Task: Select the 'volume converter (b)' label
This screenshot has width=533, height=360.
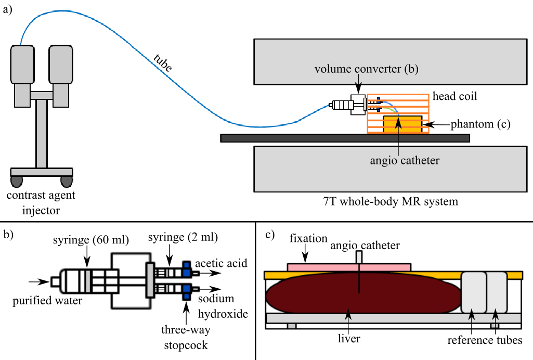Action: pos(366,68)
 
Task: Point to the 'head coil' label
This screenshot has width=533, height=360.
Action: pos(454,97)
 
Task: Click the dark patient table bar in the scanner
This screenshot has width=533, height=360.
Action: pos(345,138)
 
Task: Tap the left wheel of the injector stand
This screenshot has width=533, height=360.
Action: pos(17,181)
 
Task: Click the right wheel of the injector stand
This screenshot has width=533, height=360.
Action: pos(67,181)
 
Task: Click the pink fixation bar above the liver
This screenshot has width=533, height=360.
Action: pos(348,266)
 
